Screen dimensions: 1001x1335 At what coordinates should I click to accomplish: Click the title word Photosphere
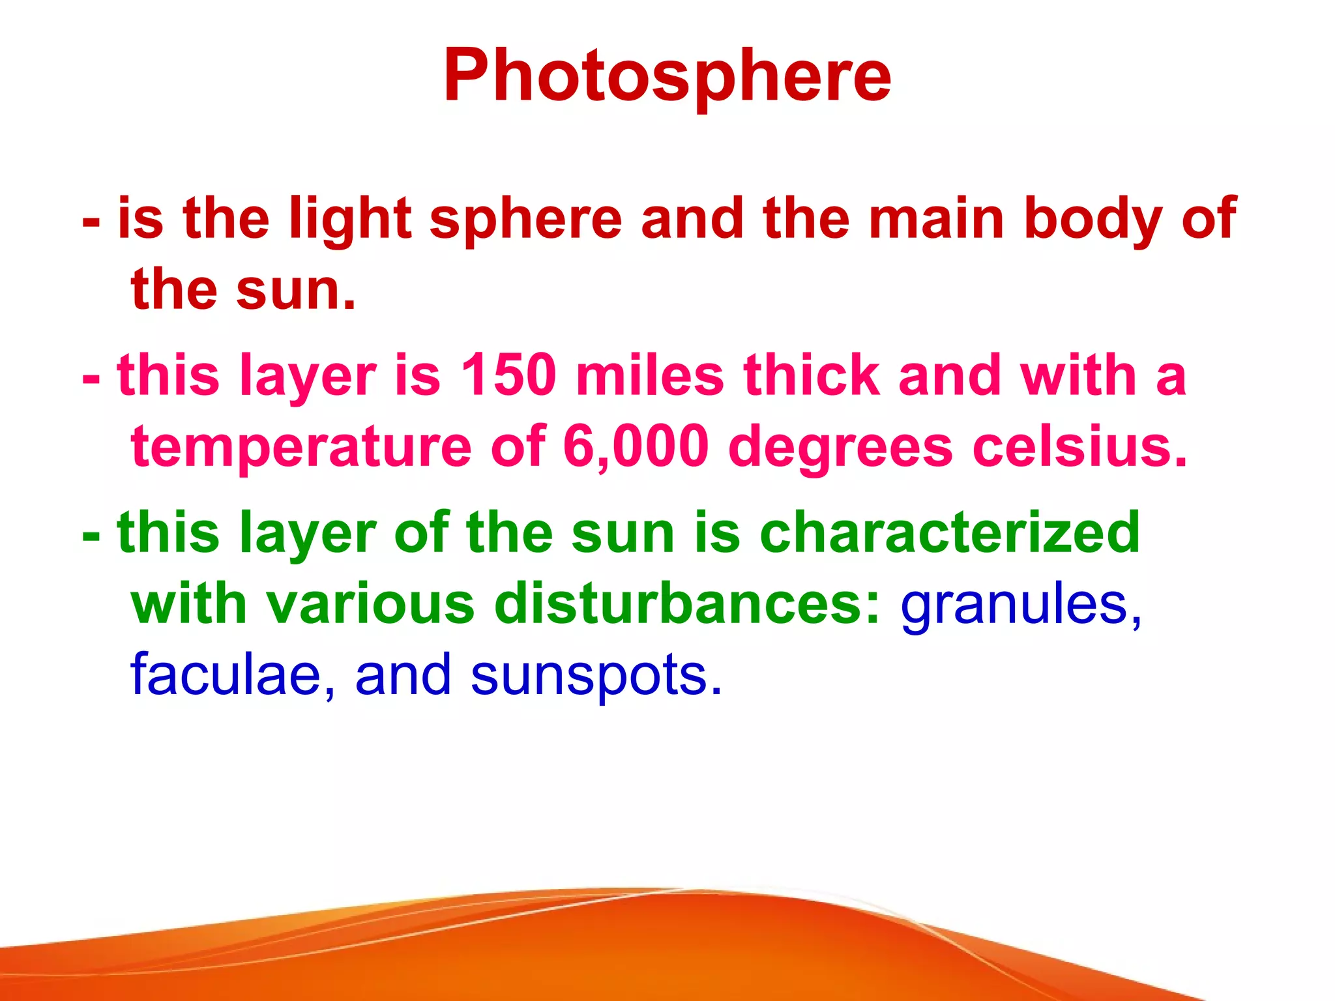667,77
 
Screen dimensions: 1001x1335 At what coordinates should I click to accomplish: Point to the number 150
508,375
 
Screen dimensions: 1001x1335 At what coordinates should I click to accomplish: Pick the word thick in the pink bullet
812,375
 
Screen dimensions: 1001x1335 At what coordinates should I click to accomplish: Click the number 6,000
636,447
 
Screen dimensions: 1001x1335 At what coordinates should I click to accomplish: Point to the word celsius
1079,447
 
